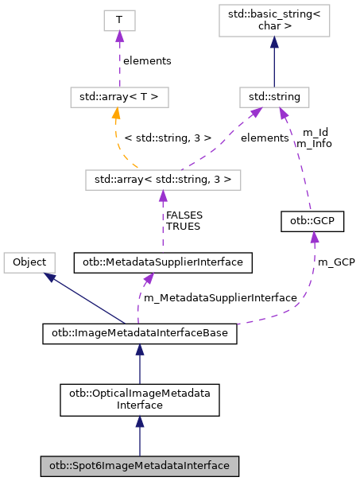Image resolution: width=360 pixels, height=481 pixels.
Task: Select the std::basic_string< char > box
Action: pos(274,23)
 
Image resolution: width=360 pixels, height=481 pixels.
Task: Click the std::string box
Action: pos(274,98)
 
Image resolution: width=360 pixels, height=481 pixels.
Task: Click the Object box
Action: pos(29,261)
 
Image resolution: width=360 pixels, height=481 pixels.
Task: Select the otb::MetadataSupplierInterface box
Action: pos(163,261)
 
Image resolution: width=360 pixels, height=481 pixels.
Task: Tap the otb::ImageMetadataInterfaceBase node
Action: pos(140,335)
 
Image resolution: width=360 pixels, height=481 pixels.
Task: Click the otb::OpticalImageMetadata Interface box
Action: pos(140,399)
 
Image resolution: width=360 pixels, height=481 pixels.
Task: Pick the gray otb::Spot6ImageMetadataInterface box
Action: pos(140,465)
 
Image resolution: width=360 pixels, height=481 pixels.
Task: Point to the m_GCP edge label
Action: pos(336,261)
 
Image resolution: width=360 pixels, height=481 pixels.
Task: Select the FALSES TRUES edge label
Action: pos(184,220)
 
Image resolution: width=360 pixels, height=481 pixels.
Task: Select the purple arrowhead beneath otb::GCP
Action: pos(315,238)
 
